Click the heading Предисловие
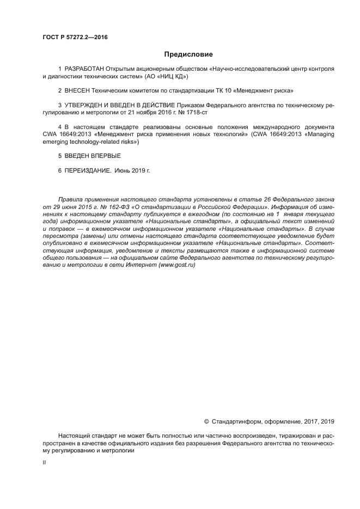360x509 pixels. click(x=188, y=54)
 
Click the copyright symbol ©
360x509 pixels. click(x=206, y=421)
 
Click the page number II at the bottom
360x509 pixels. click(x=44, y=463)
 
